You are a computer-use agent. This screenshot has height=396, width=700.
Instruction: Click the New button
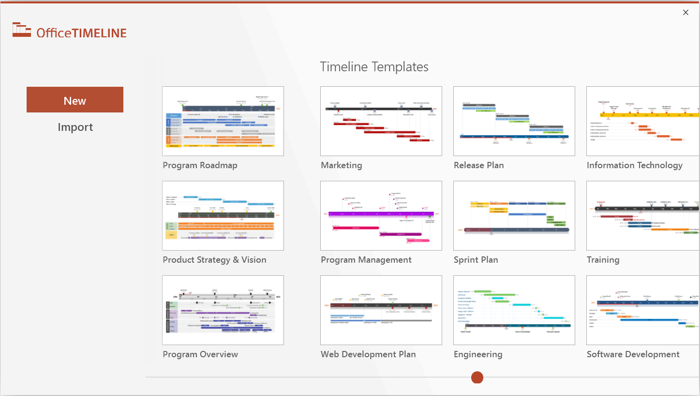tap(75, 100)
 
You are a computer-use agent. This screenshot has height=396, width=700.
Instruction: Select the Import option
tap(75, 127)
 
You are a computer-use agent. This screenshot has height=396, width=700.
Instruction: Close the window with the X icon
tap(685, 13)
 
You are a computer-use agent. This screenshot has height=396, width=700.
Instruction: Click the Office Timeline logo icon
tap(22, 30)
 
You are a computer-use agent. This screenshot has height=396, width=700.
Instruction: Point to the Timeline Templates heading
tap(374, 67)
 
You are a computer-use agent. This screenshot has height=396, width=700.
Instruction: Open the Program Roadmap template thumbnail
tap(223, 121)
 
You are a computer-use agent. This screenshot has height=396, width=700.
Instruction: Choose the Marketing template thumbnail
tap(381, 121)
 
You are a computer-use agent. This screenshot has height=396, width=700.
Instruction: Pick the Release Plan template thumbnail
tap(514, 121)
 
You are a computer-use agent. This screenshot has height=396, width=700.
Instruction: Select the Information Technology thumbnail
tap(643, 121)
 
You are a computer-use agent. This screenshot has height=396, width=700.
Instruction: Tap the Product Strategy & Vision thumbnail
tap(223, 216)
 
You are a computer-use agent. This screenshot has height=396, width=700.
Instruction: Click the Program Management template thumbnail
tap(381, 216)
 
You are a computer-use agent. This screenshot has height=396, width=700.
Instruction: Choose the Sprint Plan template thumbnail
tap(514, 216)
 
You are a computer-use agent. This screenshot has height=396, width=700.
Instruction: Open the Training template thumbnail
tap(643, 216)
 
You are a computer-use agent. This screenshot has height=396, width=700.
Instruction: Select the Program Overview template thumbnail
tap(223, 310)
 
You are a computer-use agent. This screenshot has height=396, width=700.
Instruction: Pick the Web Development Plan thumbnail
tap(381, 310)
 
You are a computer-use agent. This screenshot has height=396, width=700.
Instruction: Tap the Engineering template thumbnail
tap(514, 310)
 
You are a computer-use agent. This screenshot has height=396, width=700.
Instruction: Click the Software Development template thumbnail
tap(643, 310)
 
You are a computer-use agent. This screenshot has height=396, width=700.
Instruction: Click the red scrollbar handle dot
tap(477, 377)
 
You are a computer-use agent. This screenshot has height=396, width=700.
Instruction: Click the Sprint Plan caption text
tap(476, 260)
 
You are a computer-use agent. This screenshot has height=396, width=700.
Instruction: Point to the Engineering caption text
tap(478, 354)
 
